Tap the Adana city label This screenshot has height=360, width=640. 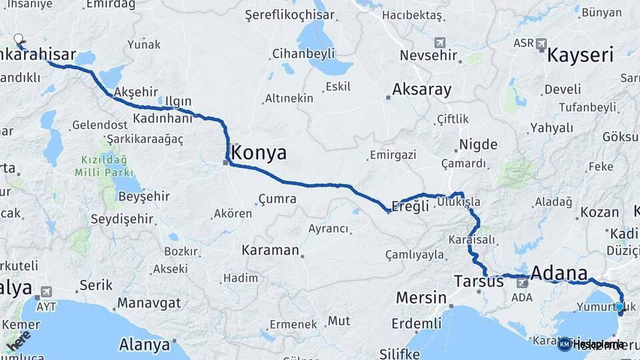pos(559,273)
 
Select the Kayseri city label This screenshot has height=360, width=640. pos(579,55)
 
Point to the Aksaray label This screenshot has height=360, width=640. pos(421,89)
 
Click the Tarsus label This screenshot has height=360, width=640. pos(478,281)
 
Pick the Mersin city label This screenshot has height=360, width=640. pos(421,297)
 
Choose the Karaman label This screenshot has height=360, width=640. pos(270,251)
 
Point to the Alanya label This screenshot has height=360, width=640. pos(144,345)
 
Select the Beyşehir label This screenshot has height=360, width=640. pos(143,197)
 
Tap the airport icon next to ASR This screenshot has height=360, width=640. pos(540,43)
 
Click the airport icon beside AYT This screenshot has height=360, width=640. pos(45,291)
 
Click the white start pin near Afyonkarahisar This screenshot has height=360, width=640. pos(19,39)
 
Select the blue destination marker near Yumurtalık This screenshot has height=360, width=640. pos(619,307)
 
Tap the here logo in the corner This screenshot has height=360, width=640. pos(19,340)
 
